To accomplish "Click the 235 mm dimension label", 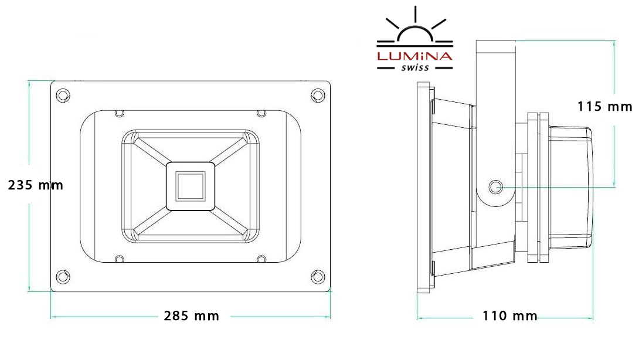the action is pos(35,185).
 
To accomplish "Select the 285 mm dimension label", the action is pos(192,315).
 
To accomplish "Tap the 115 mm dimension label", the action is pos(605,106).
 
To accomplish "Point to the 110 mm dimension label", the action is pos(510,315).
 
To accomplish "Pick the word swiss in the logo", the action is pos(415,67).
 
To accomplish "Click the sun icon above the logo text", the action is pos(415,26).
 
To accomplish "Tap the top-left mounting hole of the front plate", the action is pos(63,96).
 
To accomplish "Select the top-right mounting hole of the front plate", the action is pos(318,96).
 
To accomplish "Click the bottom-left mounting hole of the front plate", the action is pos(63,277).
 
